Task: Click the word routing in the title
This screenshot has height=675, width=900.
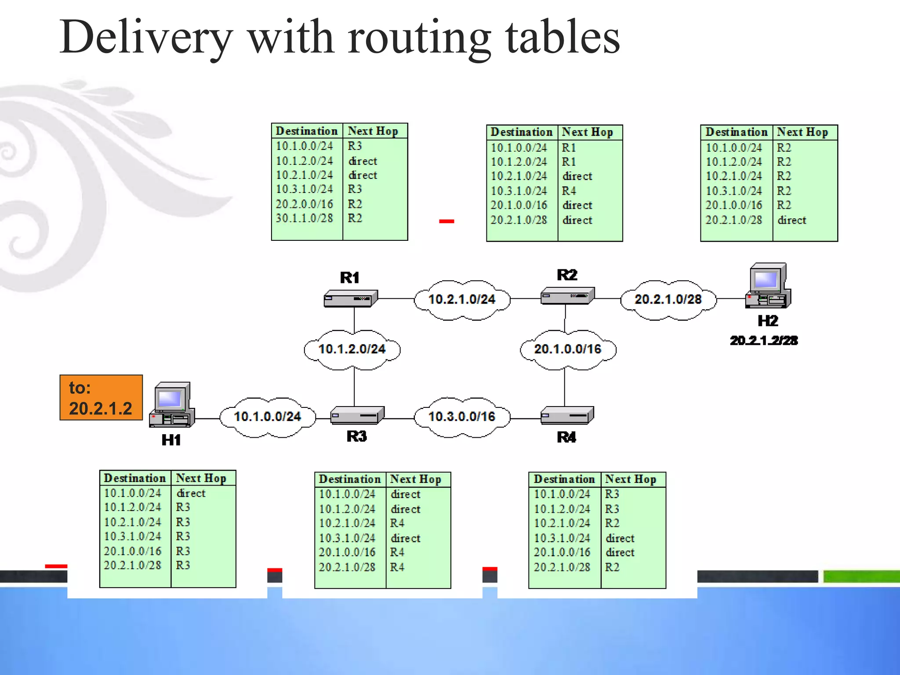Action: pos(419,39)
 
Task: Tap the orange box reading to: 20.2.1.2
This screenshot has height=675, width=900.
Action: pos(101,398)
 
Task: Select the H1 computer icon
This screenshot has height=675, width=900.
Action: pos(172,405)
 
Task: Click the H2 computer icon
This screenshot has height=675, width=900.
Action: pos(768,286)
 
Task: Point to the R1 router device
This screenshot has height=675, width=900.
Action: pos(351,298)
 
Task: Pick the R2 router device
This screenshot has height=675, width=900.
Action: pos(567,296)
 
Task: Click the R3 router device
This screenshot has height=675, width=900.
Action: pos(357,415)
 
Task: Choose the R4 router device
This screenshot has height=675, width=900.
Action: pos(567,415)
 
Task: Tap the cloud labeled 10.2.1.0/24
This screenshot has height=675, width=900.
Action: pos(462,300)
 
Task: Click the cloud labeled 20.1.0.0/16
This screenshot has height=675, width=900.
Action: pos(567,349)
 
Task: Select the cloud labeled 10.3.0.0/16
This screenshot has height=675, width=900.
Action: pos(462,417)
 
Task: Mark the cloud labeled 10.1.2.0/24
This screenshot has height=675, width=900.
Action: pos(352,349)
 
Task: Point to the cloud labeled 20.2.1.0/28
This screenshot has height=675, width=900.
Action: pos(668,300)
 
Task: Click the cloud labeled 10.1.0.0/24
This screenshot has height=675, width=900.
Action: pos(268,417)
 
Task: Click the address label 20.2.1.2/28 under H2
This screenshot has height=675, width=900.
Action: pos(764,341)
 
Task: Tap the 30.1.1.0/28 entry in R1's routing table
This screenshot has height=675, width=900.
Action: pos(304,218)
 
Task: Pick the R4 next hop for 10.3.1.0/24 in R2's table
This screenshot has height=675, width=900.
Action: pos(569,191)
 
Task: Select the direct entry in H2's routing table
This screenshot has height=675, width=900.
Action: pos(791,220)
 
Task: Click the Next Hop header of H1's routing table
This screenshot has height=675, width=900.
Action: pos(201,478)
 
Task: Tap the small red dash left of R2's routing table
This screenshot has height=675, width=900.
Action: pos(446,221)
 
